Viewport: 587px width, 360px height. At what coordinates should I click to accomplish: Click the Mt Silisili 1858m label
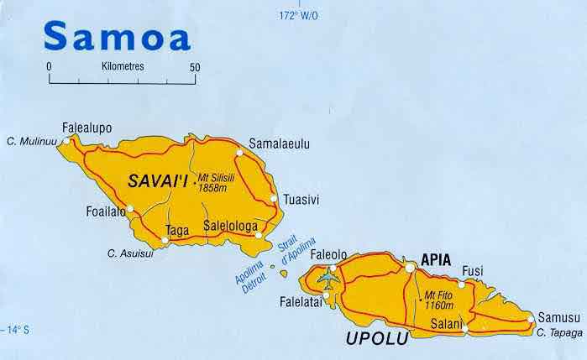(213, 184)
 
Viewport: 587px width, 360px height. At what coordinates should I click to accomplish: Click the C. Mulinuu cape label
(31, 141)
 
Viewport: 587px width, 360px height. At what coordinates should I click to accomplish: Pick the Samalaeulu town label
(280, 144)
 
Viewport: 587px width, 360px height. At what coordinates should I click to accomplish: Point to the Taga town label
(177, 229)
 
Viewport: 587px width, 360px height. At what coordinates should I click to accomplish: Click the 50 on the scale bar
(196, 66)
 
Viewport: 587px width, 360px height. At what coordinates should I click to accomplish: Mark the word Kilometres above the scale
(122, 65)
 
